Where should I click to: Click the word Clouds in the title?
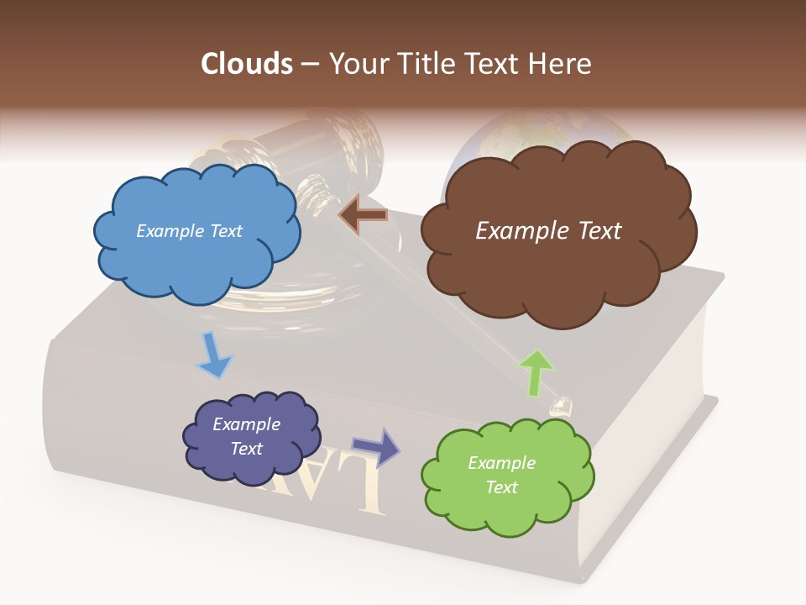247,64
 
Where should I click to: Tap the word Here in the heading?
560,64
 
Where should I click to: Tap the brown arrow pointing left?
363,215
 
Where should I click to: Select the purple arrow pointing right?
375,447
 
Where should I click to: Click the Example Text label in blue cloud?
189,231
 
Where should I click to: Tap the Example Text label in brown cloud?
548,231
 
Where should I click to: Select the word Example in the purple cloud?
246,424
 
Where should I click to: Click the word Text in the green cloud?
501,487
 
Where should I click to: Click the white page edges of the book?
672,471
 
